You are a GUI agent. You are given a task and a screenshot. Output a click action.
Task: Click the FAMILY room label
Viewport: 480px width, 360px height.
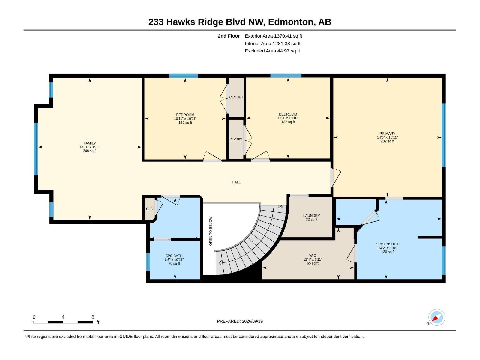[x=90, y=143]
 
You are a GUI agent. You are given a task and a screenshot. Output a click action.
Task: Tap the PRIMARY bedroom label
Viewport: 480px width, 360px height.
[x=387, y=133]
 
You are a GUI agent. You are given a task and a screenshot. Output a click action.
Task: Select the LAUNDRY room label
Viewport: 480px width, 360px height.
[x=311, y=215]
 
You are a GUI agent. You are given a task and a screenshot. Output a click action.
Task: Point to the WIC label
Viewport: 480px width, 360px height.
[x=313, y=256]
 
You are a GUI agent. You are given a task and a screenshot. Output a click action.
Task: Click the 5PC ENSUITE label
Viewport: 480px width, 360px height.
[x=388, y=244]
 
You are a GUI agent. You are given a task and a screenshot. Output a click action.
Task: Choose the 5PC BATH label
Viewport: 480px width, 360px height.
[x=174, y=256]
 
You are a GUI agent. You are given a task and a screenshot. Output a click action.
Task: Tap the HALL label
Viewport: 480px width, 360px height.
[x=236, y=182]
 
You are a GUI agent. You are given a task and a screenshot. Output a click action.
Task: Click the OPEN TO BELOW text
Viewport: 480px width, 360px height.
[x=211, y=231]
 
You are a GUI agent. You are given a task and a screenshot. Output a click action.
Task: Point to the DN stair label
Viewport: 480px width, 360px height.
[x=281, y=207]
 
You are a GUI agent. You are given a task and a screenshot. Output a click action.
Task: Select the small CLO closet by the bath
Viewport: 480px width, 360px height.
[x=150, y=209]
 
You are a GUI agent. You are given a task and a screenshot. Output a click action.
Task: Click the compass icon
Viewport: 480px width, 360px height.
[x=437, y=317]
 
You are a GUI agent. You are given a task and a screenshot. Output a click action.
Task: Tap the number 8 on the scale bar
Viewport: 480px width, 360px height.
[x=93, y=317]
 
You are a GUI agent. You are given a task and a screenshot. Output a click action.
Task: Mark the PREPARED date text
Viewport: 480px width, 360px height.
[x=240, y=321]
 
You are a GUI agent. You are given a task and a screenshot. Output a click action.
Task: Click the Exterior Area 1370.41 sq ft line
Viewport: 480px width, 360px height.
[x=273, y=36]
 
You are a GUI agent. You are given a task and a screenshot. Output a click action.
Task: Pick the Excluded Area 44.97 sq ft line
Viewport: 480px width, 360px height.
[x=272, y=51]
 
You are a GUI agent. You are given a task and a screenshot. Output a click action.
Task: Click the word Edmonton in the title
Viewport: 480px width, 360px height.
[x=291, y=22]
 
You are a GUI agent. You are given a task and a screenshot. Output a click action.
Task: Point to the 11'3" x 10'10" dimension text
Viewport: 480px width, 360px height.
[x=288, y=118]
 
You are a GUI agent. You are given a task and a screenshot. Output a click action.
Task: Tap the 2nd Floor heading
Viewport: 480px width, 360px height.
[x=229, y=36]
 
